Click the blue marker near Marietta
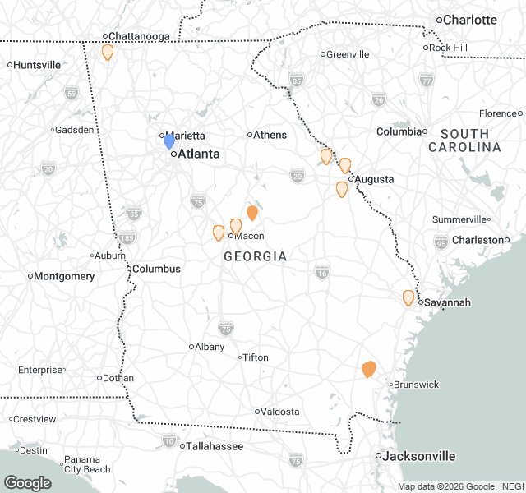point(169,141)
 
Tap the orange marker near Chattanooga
point(107,52)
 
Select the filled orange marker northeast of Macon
point(252,213)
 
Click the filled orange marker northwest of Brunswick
point(369,369)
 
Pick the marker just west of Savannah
point(408,297)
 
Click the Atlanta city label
point(199,153)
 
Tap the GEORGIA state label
point(256,256)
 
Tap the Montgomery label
point(64,276)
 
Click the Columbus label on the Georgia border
point(156,269)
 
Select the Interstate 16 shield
point(322,273)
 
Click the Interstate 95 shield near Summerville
point(441,241)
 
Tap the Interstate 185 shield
point(127,238)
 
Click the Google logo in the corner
point(27,482)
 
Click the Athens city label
point(270,135)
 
